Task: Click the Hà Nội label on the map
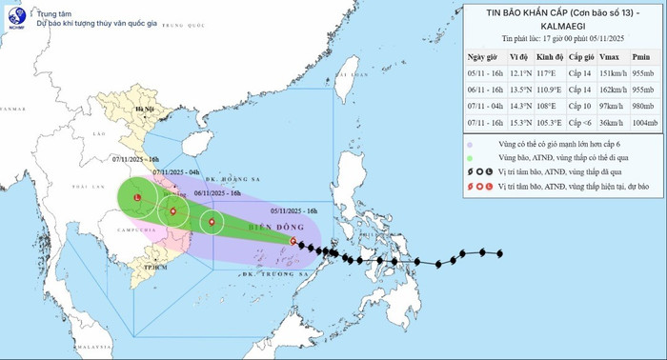(143, 110)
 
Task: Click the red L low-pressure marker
(138, 198)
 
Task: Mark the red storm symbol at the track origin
(292, 242)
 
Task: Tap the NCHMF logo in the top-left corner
(13, 14)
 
